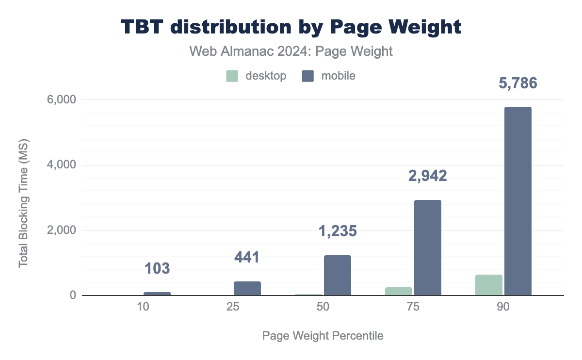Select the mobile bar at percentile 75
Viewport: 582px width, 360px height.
(427, 247)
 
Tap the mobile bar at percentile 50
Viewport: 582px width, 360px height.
(337, 275)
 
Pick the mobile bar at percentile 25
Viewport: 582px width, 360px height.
(247, 288)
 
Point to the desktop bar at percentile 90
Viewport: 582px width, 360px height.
(488, 285)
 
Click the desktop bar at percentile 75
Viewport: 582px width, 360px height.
(398, 291)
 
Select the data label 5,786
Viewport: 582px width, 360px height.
(518, 83)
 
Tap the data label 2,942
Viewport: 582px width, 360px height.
(427, 176)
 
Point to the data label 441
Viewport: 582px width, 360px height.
(247, 257)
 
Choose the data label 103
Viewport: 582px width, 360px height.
(157, 268)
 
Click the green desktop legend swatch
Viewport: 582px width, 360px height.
(232, 76)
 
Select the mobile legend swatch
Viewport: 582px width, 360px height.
(308, 76)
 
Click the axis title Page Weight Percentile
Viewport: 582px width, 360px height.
(323, 336)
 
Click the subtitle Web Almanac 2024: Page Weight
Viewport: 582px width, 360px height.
(291, 51)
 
